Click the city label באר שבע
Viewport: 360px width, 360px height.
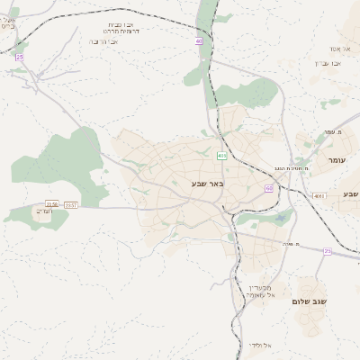click(x=207, y=184)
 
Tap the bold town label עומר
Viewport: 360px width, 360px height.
click(x=337, y=159)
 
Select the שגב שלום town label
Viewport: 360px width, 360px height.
click(x=309, y=301)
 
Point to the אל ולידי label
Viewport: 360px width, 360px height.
click(x=260, y=346)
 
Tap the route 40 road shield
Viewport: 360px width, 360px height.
click(x=198, y=40)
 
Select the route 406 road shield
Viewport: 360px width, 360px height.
click(x=221, y=156)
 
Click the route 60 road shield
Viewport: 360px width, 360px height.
click(x=268, y=187)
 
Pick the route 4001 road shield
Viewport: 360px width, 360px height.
click(x=319, y=195)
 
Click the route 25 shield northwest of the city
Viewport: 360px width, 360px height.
click(x=19, y=58)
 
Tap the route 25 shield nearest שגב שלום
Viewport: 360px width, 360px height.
click(x=328, y=252)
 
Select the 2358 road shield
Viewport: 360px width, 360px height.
click(x=52, y=204)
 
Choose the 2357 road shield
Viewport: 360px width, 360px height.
click(x=71, y=204)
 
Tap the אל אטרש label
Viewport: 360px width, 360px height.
click(x=341, y=48)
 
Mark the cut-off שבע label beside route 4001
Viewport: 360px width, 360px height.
click(x=350, y=193)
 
